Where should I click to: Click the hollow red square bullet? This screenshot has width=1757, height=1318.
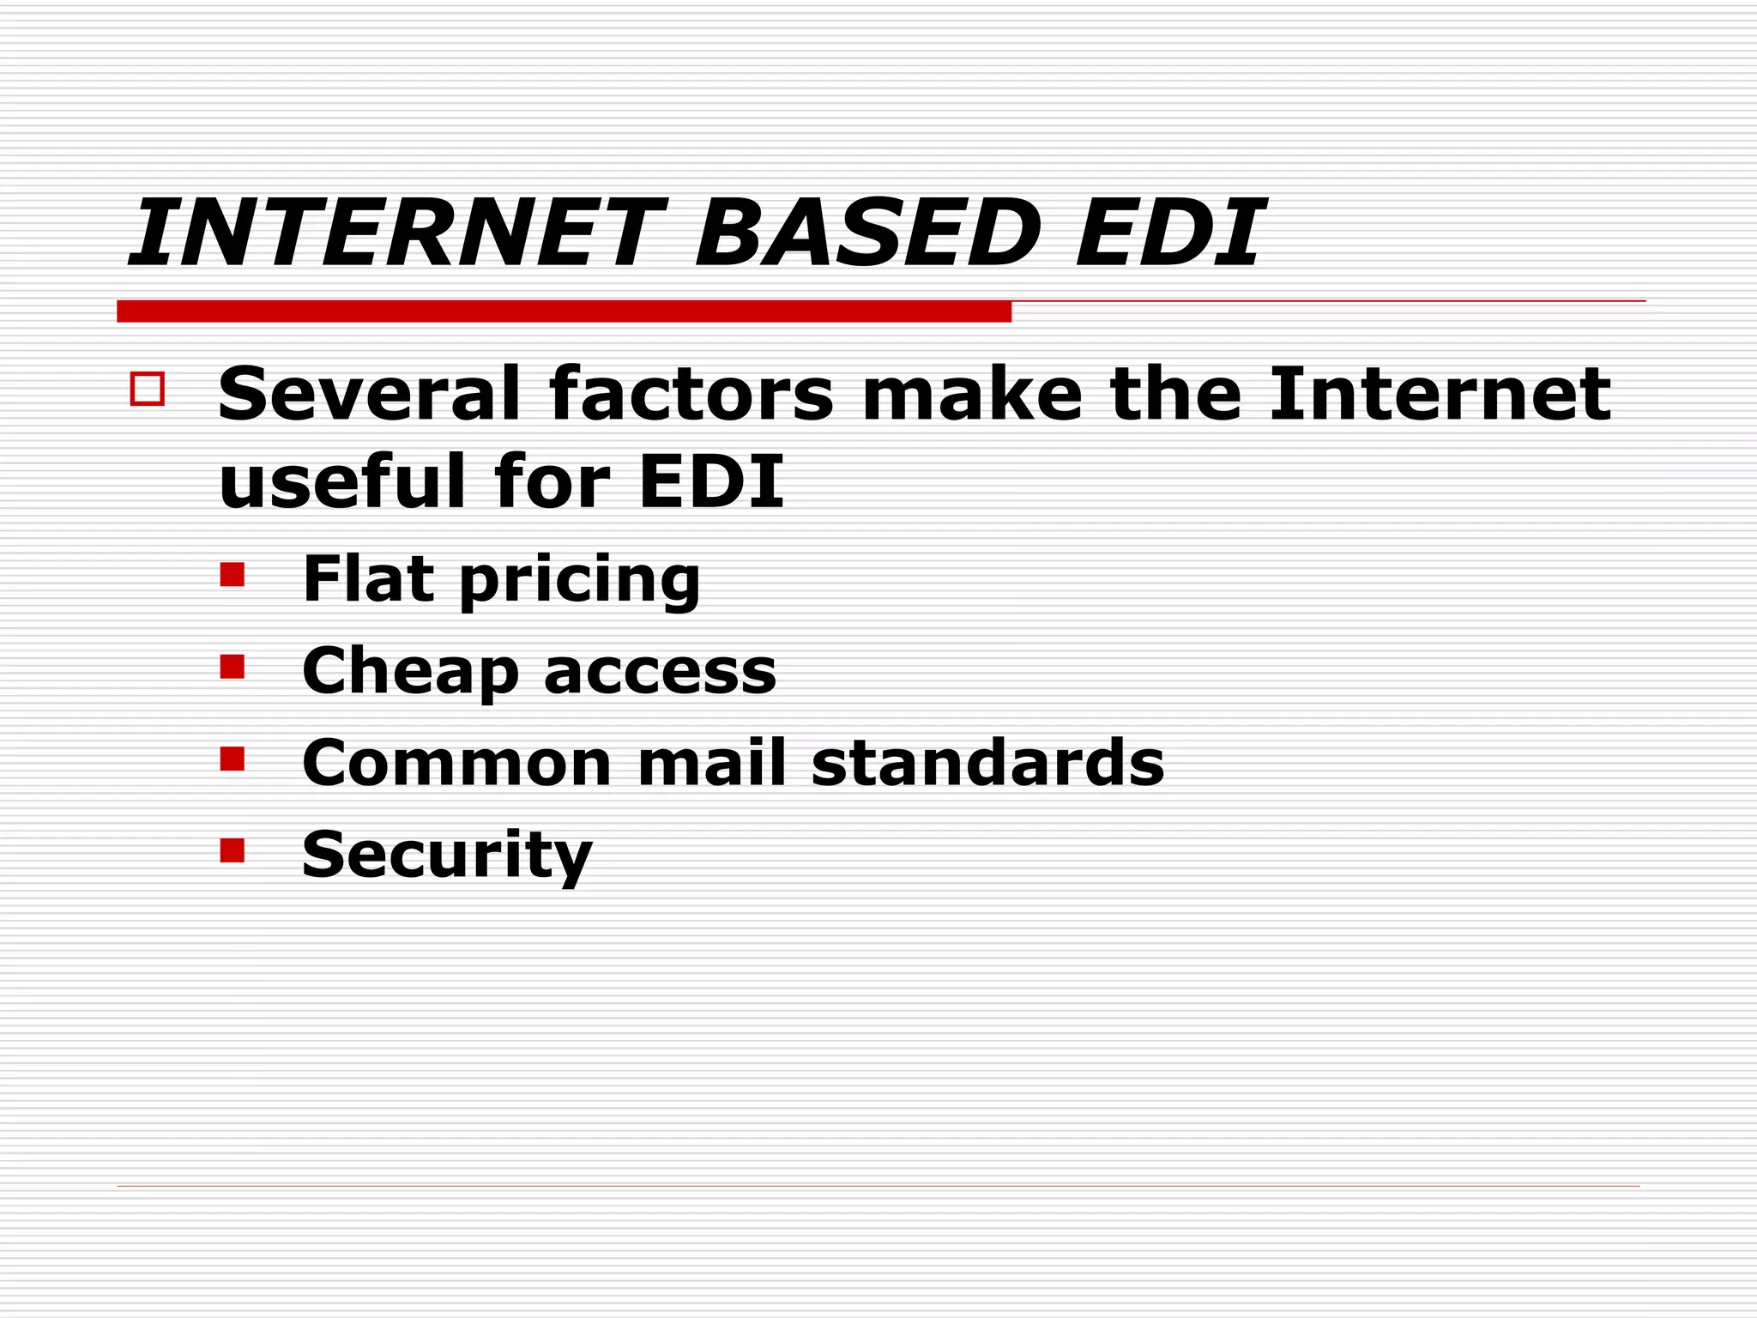point(147,389)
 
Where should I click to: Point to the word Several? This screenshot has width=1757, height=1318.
point(369,394)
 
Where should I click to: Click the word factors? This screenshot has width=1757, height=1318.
point(691,394)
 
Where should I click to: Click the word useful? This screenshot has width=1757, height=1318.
point(342,481)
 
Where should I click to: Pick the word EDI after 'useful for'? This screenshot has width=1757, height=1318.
point(711,481)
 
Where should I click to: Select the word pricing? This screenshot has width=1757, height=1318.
point(580,582)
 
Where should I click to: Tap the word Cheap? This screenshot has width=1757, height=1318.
point(410,671)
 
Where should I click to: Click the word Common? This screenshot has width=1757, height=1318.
point(456,763)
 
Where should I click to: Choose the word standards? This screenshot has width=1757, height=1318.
point(987,763)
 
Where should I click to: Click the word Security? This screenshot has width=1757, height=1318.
point(447,855)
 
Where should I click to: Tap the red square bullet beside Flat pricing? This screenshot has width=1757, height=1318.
point(232,574)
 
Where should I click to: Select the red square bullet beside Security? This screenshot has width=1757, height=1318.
point(232,850)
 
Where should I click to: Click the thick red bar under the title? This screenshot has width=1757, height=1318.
point(564,311)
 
